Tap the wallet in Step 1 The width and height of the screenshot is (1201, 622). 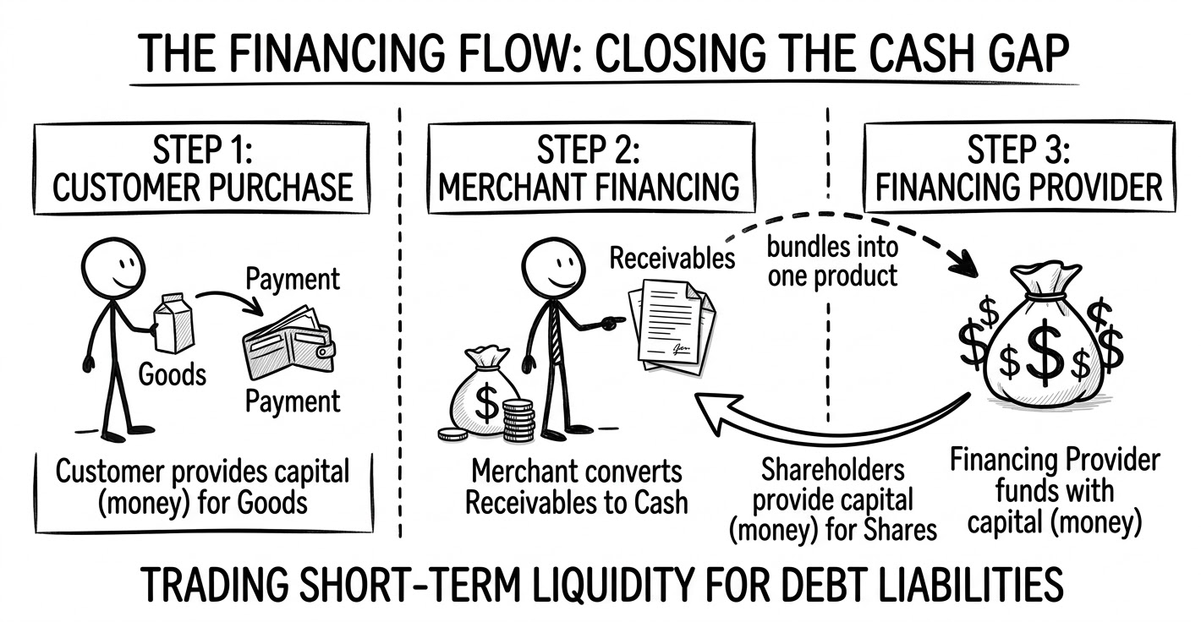tap(288, 346)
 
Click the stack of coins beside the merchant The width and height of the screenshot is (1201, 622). tap(517, 420)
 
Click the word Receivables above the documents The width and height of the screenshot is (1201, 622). tap(672, 257)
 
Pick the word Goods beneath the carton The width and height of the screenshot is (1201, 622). tap(172, 373)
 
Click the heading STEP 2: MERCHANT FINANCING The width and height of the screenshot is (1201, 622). tap(590, 169)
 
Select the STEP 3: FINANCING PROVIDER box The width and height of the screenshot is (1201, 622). tap(1019, 169)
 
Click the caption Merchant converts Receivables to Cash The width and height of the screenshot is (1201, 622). tap(576, 487)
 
